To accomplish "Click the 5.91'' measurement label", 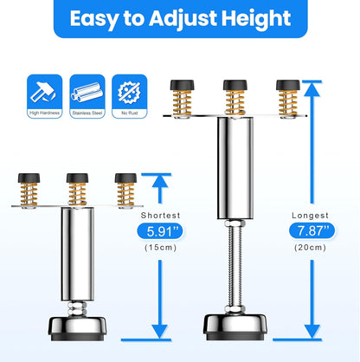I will tap(158, 231).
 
